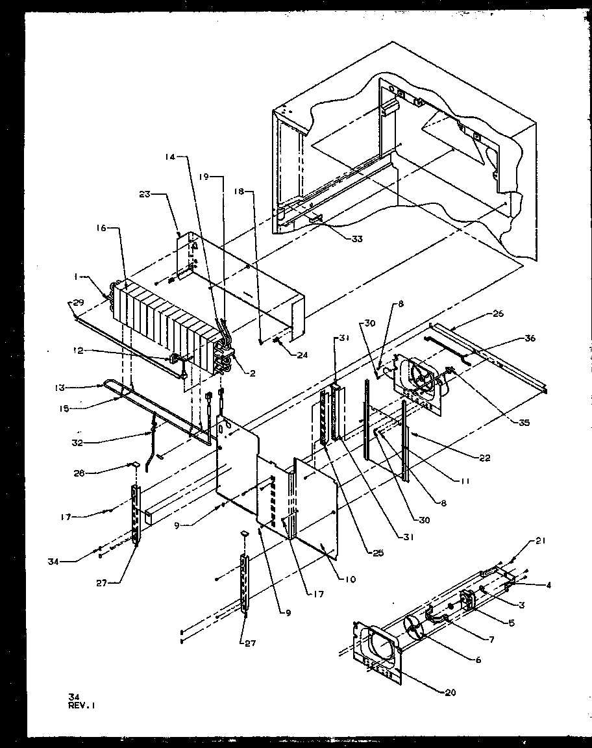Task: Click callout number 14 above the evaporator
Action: click(169, 156)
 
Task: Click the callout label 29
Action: click(78, 303)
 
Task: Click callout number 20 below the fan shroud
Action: click(449, 692)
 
